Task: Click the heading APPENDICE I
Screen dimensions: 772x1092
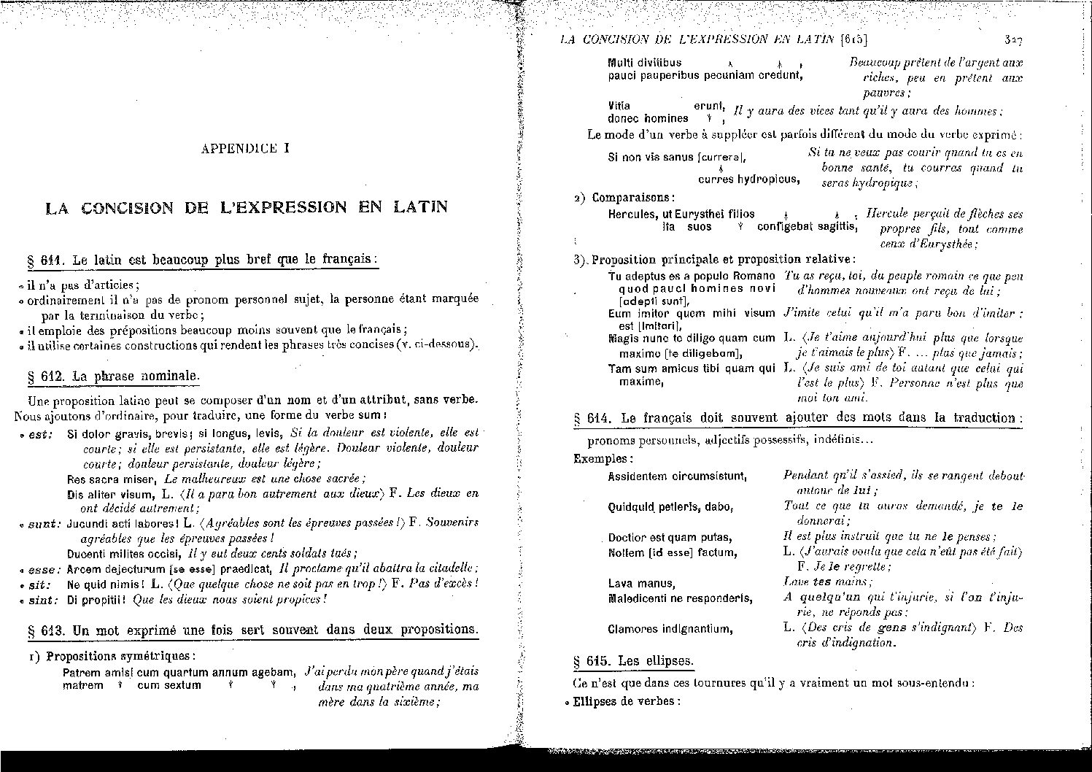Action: (245, 149)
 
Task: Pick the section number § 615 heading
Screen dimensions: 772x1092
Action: (590, 661)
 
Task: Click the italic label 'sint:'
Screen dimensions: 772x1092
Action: (43, 600)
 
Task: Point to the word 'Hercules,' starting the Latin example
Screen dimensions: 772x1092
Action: (633, 215)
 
